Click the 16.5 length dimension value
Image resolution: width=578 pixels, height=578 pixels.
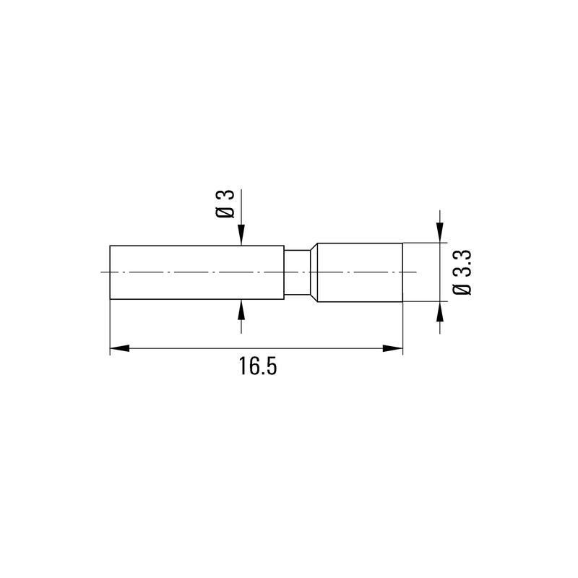tap(258, 367)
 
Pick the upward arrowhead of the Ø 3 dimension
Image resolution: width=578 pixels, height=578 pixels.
tap(241, 309)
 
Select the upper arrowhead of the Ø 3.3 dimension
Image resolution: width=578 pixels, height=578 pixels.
tap(440, 233)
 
